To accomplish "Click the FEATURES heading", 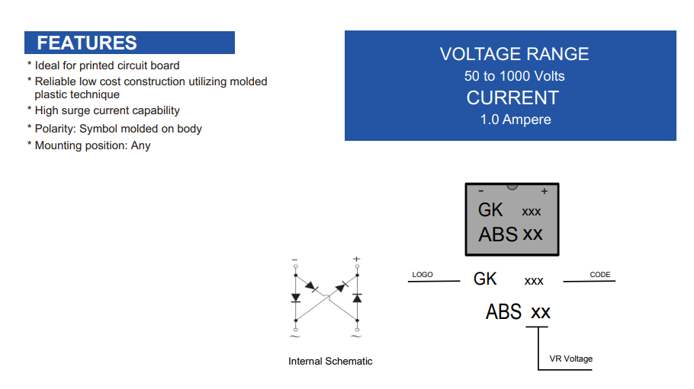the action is (x=87, y=43).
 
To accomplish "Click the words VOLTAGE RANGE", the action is (x=514, y=54).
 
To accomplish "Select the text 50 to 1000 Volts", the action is (x=514, y=76).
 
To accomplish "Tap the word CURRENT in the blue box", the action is (x=512, y=97).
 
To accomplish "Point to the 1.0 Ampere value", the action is (x=516, y=120).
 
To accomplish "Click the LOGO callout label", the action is (x=423, y=275).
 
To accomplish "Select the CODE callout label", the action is (x=599, y=275).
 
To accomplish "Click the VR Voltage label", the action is (x=571, y=359).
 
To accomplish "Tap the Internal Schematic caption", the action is (x=330, y=361).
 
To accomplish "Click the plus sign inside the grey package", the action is (x=545, y=191).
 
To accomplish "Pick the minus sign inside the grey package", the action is (x=481, y=191).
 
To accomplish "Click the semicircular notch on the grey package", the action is (x=512, y=187).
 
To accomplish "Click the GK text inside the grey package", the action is (x=490, y=210).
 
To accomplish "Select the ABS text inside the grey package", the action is (x=498, y=234).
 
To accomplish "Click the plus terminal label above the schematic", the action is (x=357, y=259).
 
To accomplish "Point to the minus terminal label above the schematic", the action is (x=295, y=260).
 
